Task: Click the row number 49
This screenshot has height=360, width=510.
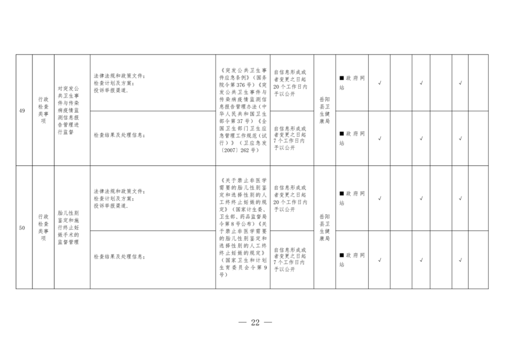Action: [22, 111]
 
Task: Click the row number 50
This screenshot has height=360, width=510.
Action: [22, 227]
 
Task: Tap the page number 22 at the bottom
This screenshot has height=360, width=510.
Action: [256, 322]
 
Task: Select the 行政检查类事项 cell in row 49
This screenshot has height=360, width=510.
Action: [43, 110]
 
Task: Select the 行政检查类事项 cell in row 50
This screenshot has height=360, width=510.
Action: [43, 227]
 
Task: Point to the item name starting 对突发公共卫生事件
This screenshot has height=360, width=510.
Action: [68, 110]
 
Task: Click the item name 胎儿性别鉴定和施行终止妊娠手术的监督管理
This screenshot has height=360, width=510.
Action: [68, 227]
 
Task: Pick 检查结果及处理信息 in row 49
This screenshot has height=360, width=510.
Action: [119, 135]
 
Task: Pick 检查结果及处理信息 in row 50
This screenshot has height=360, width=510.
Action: [119, 256]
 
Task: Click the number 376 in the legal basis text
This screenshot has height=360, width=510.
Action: [241, 85]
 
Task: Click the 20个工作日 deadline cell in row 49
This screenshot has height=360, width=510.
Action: [290, 83]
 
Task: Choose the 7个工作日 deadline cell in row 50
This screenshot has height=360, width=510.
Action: [290, 260]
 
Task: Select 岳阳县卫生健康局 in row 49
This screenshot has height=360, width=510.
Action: [324, 110]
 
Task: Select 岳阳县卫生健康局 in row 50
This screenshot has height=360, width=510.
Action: [324, 227]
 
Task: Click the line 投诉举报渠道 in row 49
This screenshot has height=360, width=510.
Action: [111, 90]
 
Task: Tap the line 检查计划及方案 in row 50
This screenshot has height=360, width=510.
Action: [114, 198]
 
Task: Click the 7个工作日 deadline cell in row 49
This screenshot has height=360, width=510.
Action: [290, 138]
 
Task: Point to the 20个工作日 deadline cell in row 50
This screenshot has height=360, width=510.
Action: [290, 198]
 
